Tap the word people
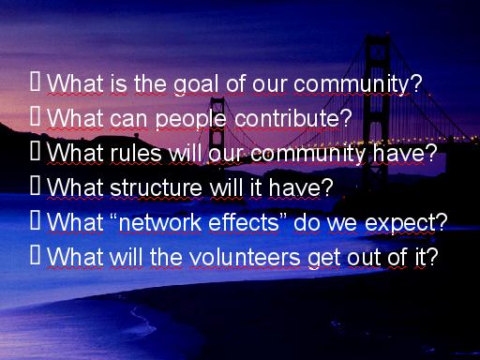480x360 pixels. pyautogui.click(x=190, y=119)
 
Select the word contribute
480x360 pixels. pyautogui.click(x=287, y=118)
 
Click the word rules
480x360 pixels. pyautogui.click(x=136, y=153)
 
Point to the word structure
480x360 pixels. pyautogui.click(x=157, y=188)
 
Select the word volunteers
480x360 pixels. pyautogui.click(x=245, y=258)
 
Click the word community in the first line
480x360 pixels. pyautogui.click(x=352, y=85)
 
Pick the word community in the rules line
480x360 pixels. pyautogui.click(x=307, y=155)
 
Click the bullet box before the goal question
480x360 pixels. pyautogui.click(x=36, y=82)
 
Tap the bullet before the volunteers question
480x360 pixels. pyautogui.click(x=36, y=255)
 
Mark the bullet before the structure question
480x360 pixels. pyautogui.click(x=36, y=186)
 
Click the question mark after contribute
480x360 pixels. pyautogui.click(x=346, y=118)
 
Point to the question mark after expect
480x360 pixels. pyautogui.click(x=442, y=222)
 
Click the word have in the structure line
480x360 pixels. pyautogui.click(x=294, y=188)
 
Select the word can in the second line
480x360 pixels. pyautogui.click(x=128, y=120)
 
